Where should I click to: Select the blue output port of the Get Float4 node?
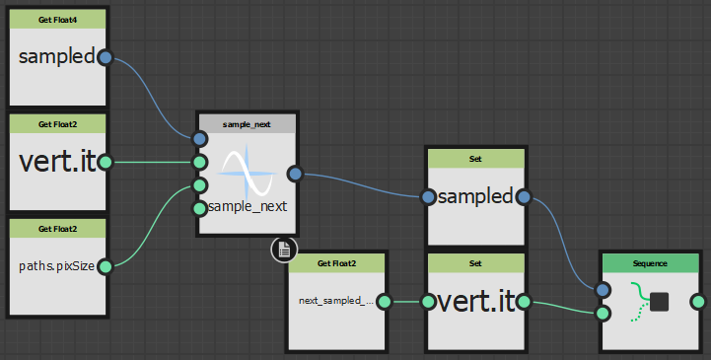[104, 57]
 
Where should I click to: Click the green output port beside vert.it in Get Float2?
[104, 162]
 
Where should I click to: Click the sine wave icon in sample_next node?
[245, 174]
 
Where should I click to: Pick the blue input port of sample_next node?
[200, 139]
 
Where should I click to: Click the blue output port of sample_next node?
[294, 174]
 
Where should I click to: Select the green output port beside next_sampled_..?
[384, 302]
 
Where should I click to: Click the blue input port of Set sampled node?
[428, 197]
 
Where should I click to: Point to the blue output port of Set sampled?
[524, 197]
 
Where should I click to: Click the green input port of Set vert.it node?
[428, 302]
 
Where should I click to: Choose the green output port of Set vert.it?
[524, 302]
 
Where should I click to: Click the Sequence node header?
[650, 263]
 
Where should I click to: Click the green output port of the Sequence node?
[698, 302]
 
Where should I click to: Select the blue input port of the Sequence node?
[604, 290]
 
